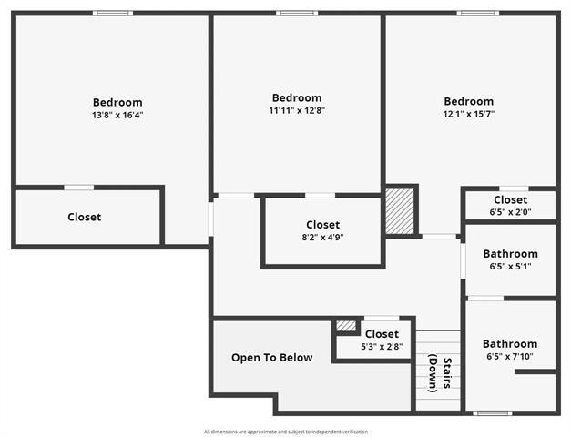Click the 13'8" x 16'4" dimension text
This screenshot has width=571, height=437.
[x=117, y=115]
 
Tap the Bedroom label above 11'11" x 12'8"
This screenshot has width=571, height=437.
[x=297, y=97]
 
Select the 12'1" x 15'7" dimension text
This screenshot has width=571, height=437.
[x=469, y=114]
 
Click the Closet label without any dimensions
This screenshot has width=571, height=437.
[x=85, y=217]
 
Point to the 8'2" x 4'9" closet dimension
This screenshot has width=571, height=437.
[x=322, y=237]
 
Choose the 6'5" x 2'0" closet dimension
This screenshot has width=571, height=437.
[x=510, y=212]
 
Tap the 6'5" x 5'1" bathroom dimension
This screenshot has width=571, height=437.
[x=510, y=267]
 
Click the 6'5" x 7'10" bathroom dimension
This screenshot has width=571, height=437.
[x=510, y=356]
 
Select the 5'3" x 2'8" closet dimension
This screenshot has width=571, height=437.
[x=382, y=346]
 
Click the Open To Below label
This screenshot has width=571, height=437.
[x=271, y=358]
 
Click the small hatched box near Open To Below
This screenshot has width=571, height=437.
[x=345, y=325]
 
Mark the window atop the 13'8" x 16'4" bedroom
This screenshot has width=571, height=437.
[x=113, y=13]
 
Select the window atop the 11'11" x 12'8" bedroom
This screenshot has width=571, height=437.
[x=297, y=13]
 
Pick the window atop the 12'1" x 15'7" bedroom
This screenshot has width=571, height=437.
[x=477, y=13]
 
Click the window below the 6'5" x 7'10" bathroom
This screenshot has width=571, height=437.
[x=493, y=412]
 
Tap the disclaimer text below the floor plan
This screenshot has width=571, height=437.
[x=285, y=431]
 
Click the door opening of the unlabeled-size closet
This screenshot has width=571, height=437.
[x=78, y=188]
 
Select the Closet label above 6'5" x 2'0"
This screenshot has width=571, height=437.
[x=510, y=199]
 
